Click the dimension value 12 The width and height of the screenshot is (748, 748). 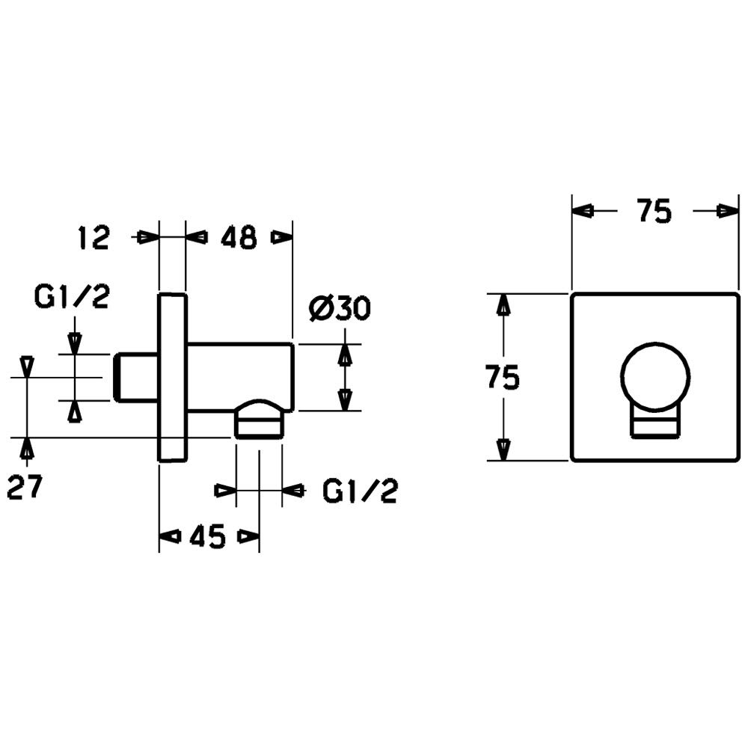point(94,238)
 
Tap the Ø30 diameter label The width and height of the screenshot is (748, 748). point(339,308)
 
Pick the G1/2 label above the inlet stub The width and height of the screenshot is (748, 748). point(72,297)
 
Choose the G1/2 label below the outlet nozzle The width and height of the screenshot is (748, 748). point(360,491)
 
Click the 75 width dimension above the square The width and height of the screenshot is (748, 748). point(654,212)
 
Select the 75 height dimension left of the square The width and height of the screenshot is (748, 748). point(502,378)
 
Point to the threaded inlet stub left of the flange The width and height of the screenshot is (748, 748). point(136,377)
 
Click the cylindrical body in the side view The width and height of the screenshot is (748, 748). point(239,374)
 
